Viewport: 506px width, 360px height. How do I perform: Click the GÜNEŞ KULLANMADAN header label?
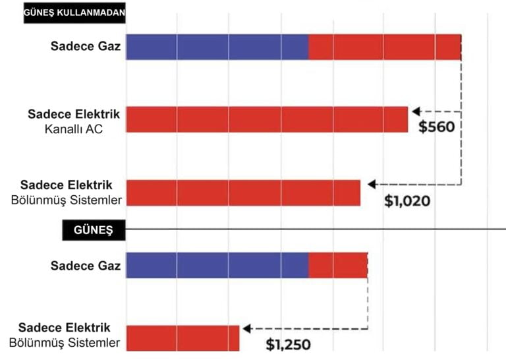pyautogui.click(x=74, y=13)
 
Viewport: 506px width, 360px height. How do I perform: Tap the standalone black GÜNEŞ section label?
pyautogui.click(x=94, y=230)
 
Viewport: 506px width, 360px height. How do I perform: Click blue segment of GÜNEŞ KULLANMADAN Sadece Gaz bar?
pyautogui.click(x=217, y=47)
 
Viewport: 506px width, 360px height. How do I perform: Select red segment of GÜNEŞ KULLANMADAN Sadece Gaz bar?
pyautogui.click(x=385, y=47)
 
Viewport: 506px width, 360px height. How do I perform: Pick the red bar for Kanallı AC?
pyautogui.click(x=267, y=119)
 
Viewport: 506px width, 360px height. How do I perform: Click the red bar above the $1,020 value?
pyautogui.click(x=243, y=193)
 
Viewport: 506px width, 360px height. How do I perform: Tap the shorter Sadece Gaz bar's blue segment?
pyautogui.click(x=217, y=265)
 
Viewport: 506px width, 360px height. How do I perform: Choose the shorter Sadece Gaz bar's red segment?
pyautogui.click(x=338, y=265)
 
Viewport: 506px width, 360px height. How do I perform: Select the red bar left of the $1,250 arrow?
pyautogui.click(x=183, y=338)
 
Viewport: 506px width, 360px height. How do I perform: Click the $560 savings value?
pyautogui.click(x=437, y=127)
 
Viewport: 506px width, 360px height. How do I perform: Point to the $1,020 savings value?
pyautogui.click(x=407, y=200)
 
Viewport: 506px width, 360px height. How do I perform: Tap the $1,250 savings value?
pyautogui.click(x=288, y=344)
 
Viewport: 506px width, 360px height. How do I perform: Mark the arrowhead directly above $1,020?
pyautogui.click(x=372, y=184)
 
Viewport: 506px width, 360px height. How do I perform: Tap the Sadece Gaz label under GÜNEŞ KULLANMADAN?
pyautogui.click(x=86, y=47)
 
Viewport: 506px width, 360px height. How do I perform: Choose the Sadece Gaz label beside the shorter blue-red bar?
pyautogui.click(x=86, y=266)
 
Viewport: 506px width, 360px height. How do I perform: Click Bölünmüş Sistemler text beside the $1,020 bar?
pyautogui.click(x=70, y=200)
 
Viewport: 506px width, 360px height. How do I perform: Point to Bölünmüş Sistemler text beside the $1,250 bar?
pyautogui.click(x=65, y=342)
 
